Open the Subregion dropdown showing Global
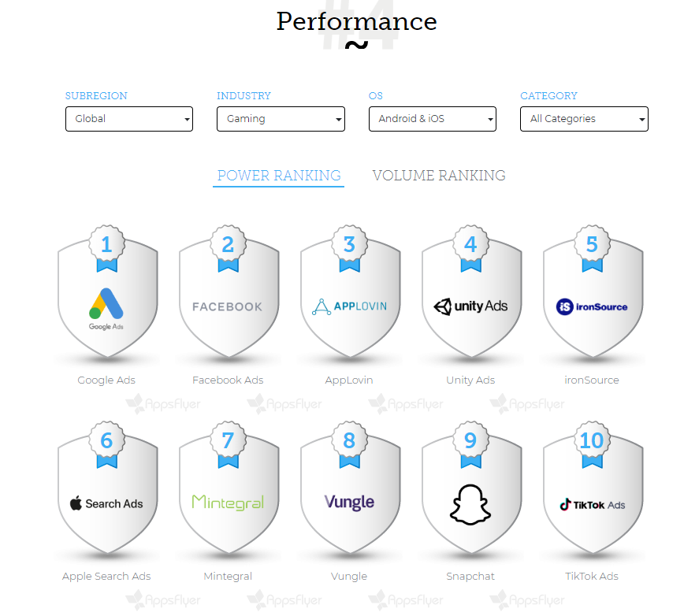click(128, 119)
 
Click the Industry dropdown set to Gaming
click(281, 119)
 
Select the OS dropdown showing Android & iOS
click(432, 119)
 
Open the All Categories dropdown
click(584, 119)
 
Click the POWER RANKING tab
click(279, 176)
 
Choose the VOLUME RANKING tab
click(439, 176)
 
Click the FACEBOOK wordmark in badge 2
click(228, 306)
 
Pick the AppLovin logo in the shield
click(349, 306)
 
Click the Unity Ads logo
click(470, 306)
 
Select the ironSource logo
click(592, 306)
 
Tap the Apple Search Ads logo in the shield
click(106, 503)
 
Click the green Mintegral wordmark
click(228, 502)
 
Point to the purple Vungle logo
click(349, 502)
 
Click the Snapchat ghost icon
click(470, 503)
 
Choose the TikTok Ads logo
click(592, 504)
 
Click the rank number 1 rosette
click(106, 245)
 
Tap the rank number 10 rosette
click(592, 440)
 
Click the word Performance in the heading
click(356, 21)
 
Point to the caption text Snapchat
click(470, 576)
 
